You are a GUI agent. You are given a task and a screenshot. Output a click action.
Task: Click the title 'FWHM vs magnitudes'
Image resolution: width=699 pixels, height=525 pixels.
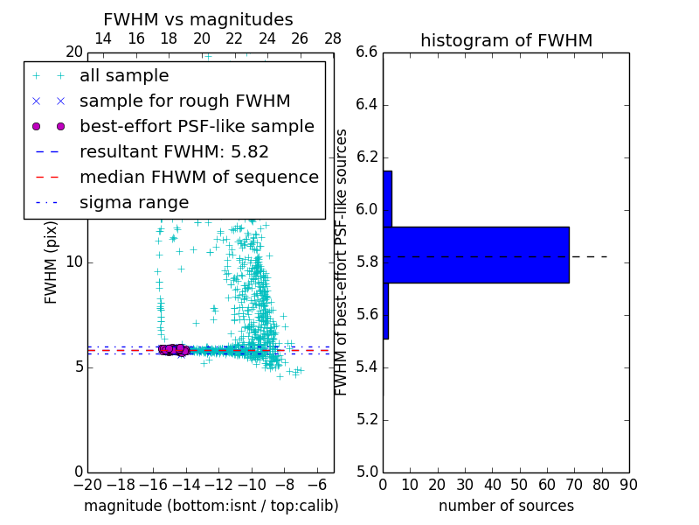coord(198,19)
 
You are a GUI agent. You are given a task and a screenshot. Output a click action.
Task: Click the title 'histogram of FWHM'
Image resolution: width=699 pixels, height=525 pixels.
coord(506,40)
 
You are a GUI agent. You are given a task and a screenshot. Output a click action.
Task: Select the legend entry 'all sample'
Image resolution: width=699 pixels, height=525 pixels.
coord(124,76)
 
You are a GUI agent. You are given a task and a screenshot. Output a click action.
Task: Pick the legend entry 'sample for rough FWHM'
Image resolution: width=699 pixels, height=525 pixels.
coord(184,101)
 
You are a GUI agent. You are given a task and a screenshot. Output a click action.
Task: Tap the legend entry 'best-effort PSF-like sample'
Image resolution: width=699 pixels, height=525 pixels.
coord(197,127)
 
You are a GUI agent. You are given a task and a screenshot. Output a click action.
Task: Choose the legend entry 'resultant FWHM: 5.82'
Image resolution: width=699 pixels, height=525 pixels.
coord(174,152)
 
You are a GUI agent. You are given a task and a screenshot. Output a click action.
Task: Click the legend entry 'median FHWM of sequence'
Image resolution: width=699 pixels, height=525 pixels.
coord(198,178)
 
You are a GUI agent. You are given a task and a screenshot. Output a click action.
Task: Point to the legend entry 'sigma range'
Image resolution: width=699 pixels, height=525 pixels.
coord(134,203)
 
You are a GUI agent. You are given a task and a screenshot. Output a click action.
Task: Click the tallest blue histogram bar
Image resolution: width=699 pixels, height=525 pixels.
coord(476,255)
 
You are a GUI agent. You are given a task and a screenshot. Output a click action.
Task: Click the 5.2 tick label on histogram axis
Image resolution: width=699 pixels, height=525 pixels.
coord(367,419)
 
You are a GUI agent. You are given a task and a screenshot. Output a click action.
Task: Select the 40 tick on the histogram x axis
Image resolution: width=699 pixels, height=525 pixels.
coord(492,485)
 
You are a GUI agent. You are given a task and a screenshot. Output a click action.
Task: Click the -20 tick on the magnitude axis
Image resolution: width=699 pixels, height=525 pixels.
coord(87,485)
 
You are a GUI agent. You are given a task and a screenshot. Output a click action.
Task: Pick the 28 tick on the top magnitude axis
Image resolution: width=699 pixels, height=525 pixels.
coord(333,38)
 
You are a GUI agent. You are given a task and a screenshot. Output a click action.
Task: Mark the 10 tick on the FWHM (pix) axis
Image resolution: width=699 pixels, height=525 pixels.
coord(73,262)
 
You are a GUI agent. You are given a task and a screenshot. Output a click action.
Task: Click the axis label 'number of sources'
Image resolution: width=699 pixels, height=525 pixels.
coord(506,506)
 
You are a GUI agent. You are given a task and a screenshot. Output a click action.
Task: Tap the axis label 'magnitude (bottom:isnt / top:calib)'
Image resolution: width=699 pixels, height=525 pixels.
coord(211,506)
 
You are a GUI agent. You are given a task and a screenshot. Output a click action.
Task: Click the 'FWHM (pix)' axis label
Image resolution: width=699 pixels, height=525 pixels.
coord(52,262)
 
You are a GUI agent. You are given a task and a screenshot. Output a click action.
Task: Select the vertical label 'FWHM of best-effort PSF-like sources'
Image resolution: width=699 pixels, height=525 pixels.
coord(343,262)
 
